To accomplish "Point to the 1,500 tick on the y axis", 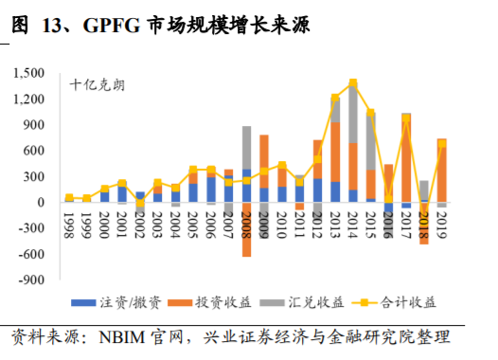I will coord(34,73).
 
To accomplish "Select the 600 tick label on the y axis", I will coord(39,151).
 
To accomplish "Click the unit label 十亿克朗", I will coord(97,84).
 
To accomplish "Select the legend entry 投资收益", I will coord(205,302).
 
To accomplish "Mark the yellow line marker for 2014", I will coord(353,82).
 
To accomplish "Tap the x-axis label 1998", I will coord(69,226).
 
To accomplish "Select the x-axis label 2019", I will coord(442,226).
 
